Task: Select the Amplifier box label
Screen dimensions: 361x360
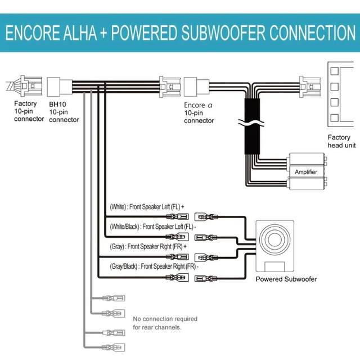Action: (305, 172)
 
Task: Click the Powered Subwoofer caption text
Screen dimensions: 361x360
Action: (286, 279)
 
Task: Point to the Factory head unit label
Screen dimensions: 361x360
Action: (339, 141)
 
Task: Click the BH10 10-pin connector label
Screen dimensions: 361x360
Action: (64, 111)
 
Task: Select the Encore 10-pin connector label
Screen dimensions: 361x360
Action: (199, 112)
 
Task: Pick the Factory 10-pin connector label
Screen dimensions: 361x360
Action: (26, 111)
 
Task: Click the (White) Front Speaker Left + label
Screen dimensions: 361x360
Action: (147, 207)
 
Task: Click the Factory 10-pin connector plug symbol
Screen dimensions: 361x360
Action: (26, 87)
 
